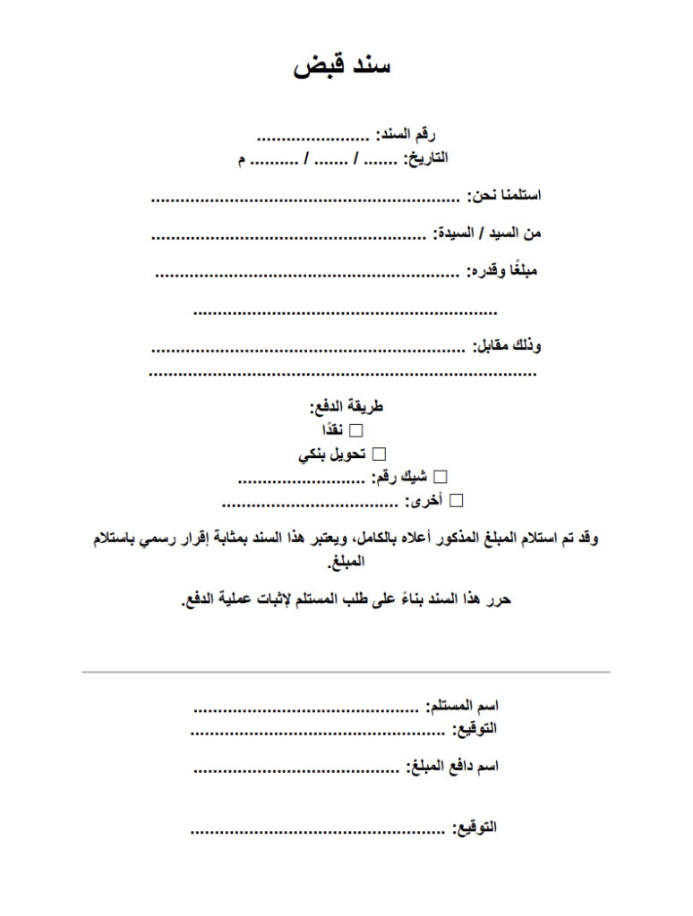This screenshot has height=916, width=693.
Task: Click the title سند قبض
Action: [342, 66]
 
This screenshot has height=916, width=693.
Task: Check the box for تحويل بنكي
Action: [378, 454]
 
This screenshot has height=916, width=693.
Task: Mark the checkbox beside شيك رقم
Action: [440, 477]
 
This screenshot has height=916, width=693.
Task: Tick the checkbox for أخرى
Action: [457, 499]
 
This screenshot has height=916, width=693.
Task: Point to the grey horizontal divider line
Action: [346, 671]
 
